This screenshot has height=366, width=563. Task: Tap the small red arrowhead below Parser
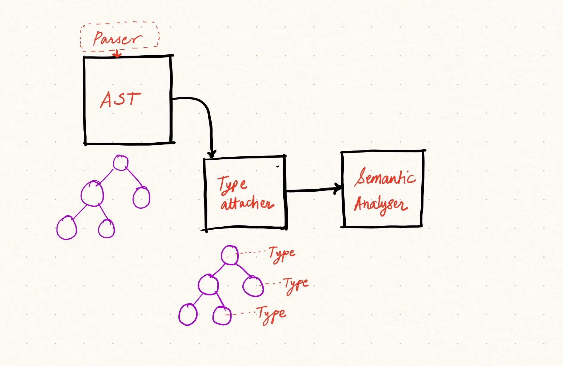point(117,55)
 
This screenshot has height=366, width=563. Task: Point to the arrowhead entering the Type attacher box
point(212,154)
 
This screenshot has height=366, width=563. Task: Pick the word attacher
point(247,204)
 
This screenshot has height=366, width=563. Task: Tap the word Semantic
point(385,177)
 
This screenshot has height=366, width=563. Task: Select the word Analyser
point(381,205)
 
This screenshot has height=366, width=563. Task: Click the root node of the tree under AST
point(120,163)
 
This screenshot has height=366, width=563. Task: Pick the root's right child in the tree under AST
point(141,197)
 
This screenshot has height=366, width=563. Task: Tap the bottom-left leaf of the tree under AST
point(67,228)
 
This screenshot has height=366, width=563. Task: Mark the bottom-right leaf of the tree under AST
point(106,229)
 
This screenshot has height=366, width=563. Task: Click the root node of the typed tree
point(230,255)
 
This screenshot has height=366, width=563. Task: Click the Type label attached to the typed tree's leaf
point(272,314)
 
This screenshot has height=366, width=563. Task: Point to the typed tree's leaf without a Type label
point(188,315)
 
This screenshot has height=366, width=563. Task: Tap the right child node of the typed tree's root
point(253,286)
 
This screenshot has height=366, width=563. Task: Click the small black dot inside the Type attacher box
point(278,167)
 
